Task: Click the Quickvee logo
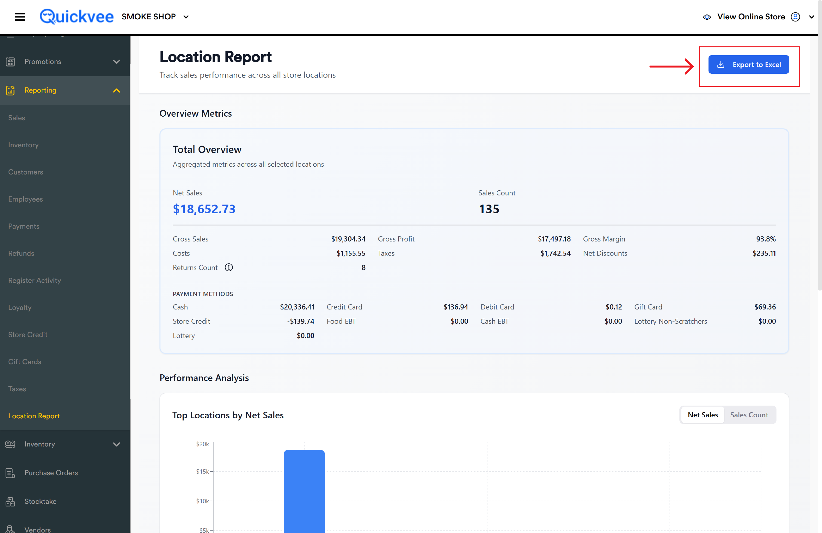click(x=76, y=17)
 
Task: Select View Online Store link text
click(x=751, y=17)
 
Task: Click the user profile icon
click(x=795, y=17)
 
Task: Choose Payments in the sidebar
click(x=24, y=226)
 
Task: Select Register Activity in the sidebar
click(x=35, y=280)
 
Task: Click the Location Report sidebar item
click(x=34, y=416)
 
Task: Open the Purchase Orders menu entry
click(x=51, y=473)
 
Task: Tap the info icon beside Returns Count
click(x=229, y=268)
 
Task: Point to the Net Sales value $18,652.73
click(x=204, y=209)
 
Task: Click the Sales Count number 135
click(x=489, y=209)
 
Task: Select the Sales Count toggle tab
click(x=749, y=415)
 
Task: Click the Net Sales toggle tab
click(x=703, y=415)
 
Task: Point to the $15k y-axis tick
click(x=202, y=471)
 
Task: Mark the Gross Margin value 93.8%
click(x=766, y=239)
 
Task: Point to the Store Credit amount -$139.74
click(x=301, y=321)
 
